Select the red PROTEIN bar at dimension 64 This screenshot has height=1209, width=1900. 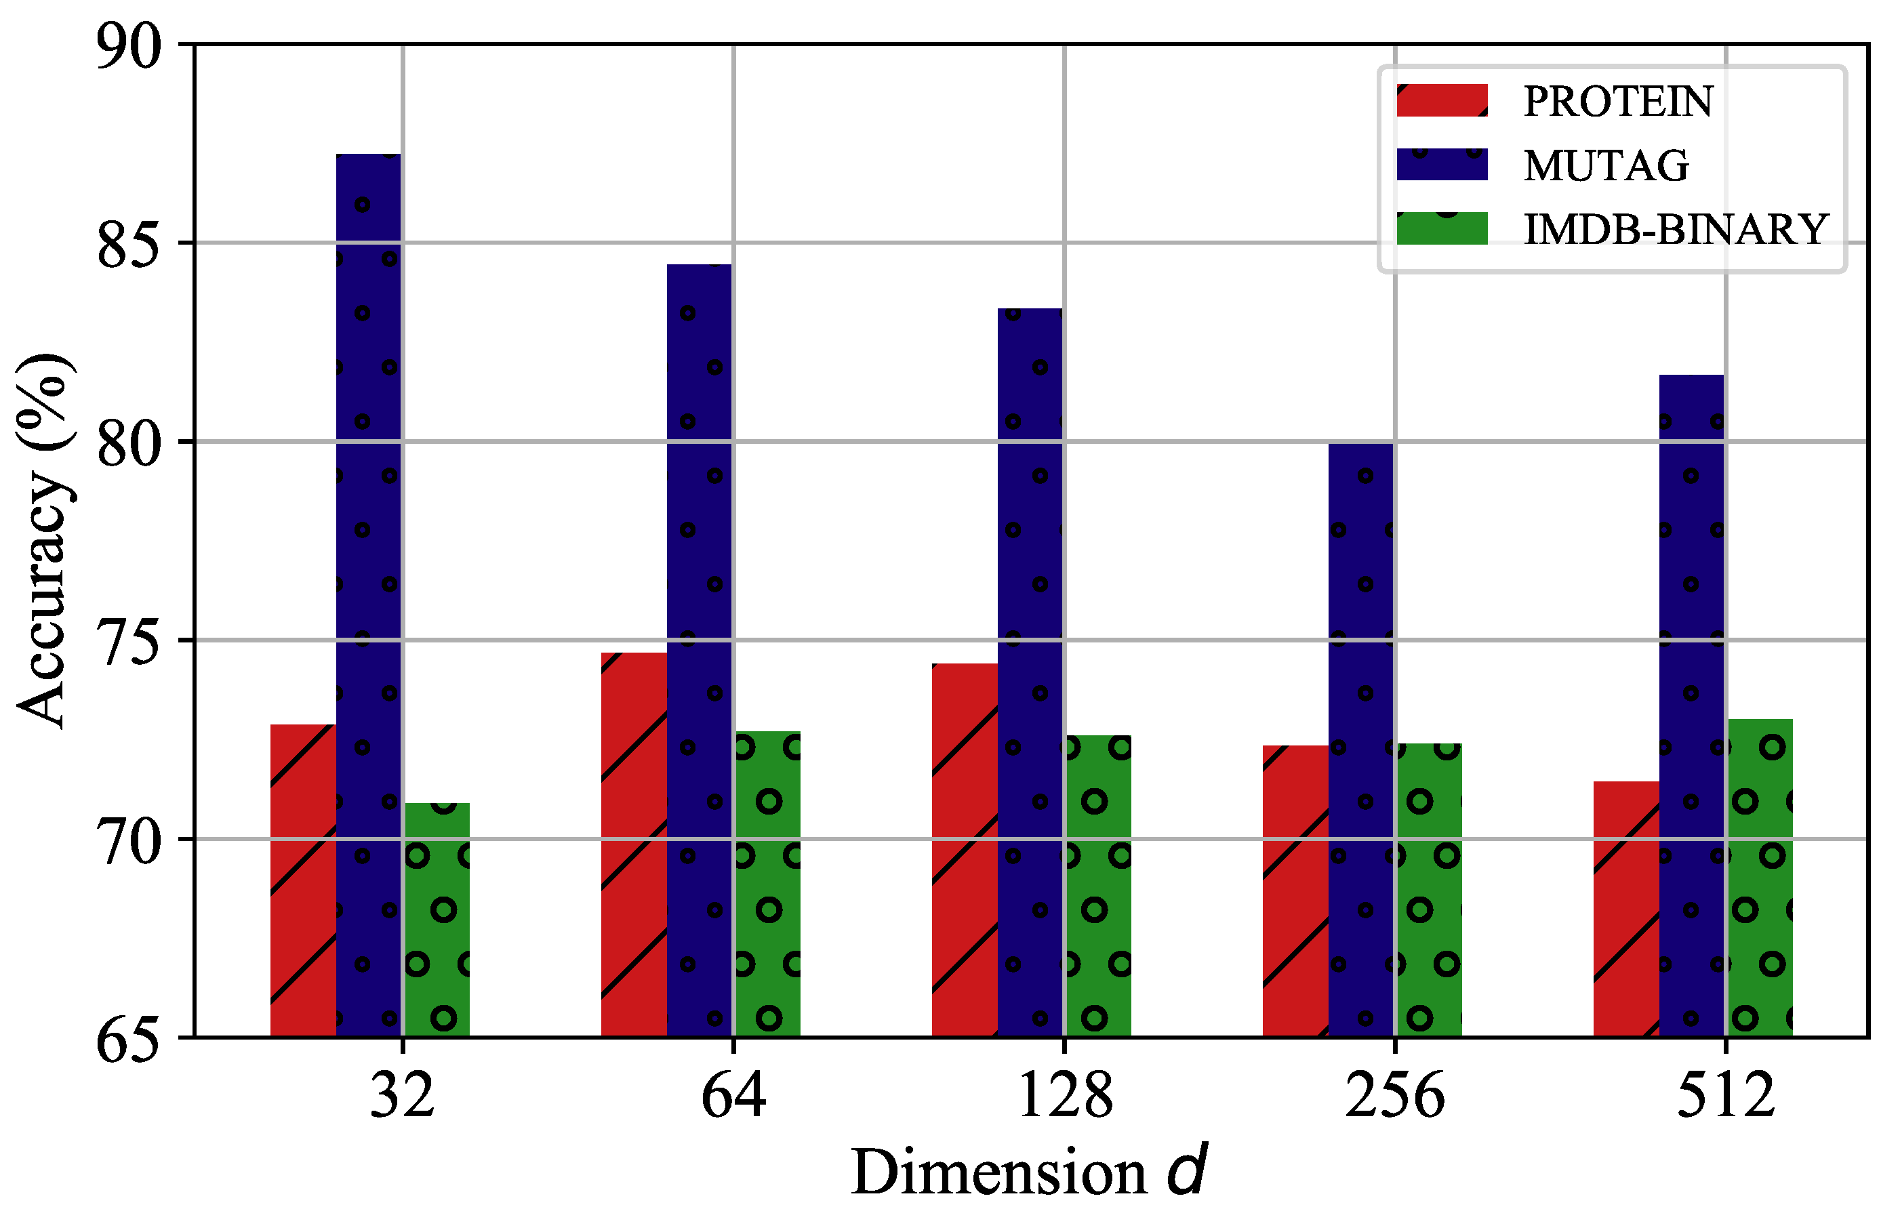[x=634, y=844]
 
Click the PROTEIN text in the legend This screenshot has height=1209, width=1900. [x=1617, y=102]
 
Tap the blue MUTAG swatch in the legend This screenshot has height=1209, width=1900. [x=1442, y=165]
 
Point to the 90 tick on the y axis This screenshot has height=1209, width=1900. [x=129, y=45]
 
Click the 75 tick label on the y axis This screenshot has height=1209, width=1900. [x=129, y=640]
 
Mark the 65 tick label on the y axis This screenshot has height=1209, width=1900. [x=129, y=1039]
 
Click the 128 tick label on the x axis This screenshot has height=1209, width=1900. [x=1064, y=1097]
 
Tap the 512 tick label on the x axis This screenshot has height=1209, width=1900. [x=1726, y=1097]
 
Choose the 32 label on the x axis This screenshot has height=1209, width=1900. [x=403, y=1097]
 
